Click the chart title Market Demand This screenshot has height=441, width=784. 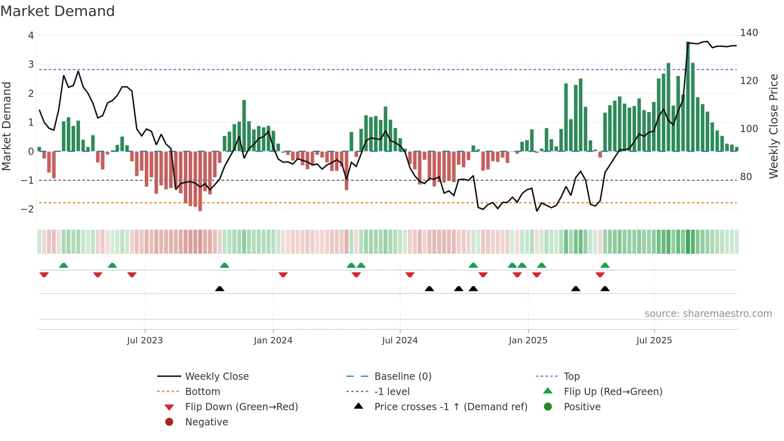tap(58, 11)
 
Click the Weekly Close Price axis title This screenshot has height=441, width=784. tap(774, 126)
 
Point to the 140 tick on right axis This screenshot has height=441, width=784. tap(749, 33)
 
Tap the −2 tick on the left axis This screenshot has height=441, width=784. tap(28, 209)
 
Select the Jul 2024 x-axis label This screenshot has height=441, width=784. tap(400, 341)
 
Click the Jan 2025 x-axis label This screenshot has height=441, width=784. tap(528, 341)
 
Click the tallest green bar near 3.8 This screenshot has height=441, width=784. tap(688, 96)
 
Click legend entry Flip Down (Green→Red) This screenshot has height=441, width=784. tap(241, 407)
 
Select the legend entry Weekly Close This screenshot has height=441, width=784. tap(216, 377)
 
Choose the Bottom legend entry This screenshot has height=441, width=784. tap(202, 392)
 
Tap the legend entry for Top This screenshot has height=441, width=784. tap(571, 377)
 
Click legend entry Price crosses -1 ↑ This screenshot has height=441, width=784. tap(450, 407)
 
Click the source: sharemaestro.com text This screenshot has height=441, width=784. tap(708, 314)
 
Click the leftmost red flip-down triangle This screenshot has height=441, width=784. tap(44, 275)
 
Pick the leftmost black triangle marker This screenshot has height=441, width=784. tap(220, 289)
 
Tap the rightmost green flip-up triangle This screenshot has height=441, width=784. tap(605, 265)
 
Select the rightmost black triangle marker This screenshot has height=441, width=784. tap(605, 289)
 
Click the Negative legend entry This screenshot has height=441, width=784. tap(206, 422)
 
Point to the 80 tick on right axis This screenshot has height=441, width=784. tap(746, 177)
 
